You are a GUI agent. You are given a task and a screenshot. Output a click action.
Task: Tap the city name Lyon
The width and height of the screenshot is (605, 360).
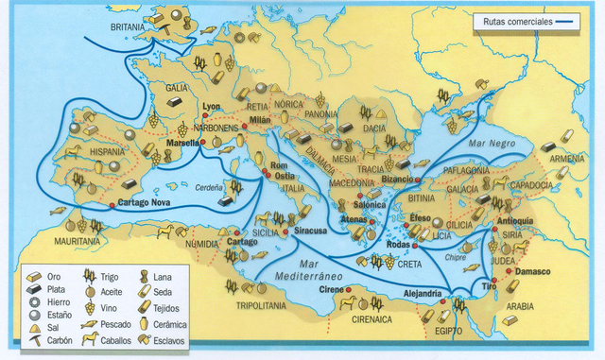click(x=211, y=108)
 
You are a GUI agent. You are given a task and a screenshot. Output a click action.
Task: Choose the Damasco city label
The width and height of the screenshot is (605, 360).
click(x=533, y=271)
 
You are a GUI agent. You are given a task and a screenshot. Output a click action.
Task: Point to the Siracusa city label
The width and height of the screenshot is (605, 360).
click(x=310, y=230)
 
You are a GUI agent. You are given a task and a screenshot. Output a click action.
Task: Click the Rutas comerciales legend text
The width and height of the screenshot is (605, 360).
click(x=516, y=21)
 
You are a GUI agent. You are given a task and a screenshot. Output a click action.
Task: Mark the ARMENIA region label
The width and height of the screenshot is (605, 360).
click(x=567, y=159)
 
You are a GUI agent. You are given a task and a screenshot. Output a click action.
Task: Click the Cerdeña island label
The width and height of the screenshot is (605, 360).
click(x=209, y=187)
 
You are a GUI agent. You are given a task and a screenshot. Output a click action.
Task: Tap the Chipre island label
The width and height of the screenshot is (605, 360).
click(x=455, y=255)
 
